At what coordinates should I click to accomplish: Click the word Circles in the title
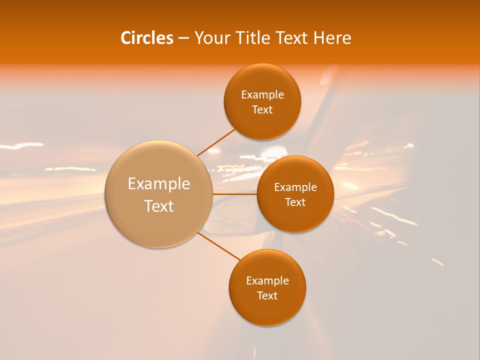[147, 38]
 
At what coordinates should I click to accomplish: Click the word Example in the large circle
[159, 184]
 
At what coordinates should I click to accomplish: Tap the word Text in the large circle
[159, 206]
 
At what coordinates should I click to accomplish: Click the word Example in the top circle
[262, 95]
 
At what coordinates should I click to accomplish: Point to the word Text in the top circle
[262, 110]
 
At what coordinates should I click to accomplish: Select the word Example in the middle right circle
[295, 187]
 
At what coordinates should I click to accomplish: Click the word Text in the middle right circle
[295, 202]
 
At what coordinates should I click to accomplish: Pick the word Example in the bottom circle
[267, 281]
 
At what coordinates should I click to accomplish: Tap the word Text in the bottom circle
[267, 296]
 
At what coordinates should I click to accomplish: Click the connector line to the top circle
[216, 142]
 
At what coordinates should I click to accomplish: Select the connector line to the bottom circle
[218, 246]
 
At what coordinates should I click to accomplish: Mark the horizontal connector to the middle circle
[235, 194]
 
